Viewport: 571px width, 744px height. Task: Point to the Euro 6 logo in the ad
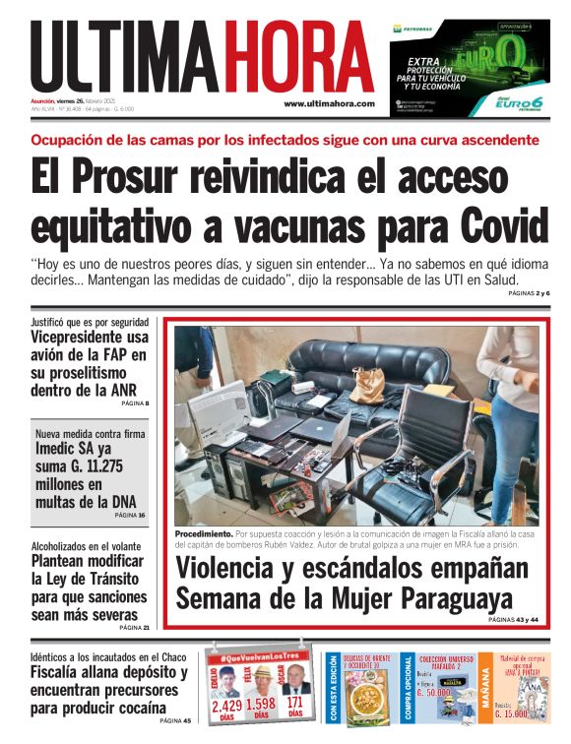pyautogui.click(x=518, y=102)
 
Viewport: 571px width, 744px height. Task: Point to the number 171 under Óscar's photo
pyautogui.click(x=294, y=704)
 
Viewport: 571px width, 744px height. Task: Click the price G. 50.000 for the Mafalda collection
pyautogui.click(x=440, y=706)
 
